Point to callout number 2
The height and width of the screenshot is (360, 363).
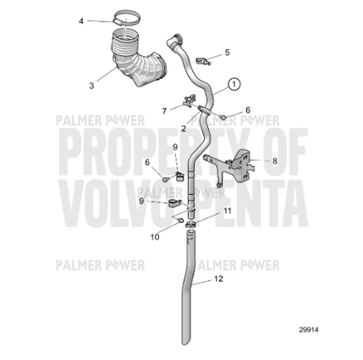pos(183,128)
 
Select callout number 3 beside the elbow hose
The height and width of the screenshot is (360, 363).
pos(92,85)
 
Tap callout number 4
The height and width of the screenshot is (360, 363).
pos(80,20)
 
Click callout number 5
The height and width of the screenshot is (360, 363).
pos(227,53)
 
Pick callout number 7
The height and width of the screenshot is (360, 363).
pos(164,110)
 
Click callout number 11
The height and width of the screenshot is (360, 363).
pos(228,210)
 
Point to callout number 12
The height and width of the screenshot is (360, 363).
pos(219,279)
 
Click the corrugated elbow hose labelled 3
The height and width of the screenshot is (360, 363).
pos(136,63)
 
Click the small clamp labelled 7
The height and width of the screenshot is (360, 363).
pos(190,102)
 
